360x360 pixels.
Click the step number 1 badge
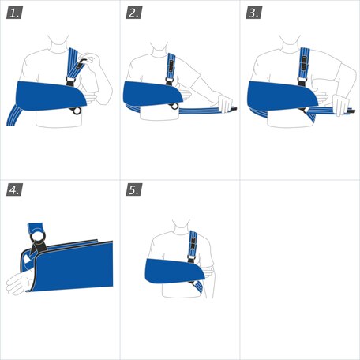coord(14,13)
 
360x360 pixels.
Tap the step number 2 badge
coord(134,13)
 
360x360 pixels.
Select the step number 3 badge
coord(254,13)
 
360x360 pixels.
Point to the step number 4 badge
coord(14,190)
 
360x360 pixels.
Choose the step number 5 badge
coord(134,190)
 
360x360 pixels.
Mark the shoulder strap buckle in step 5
coord(192,249)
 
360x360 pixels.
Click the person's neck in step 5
coord(180,223)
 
